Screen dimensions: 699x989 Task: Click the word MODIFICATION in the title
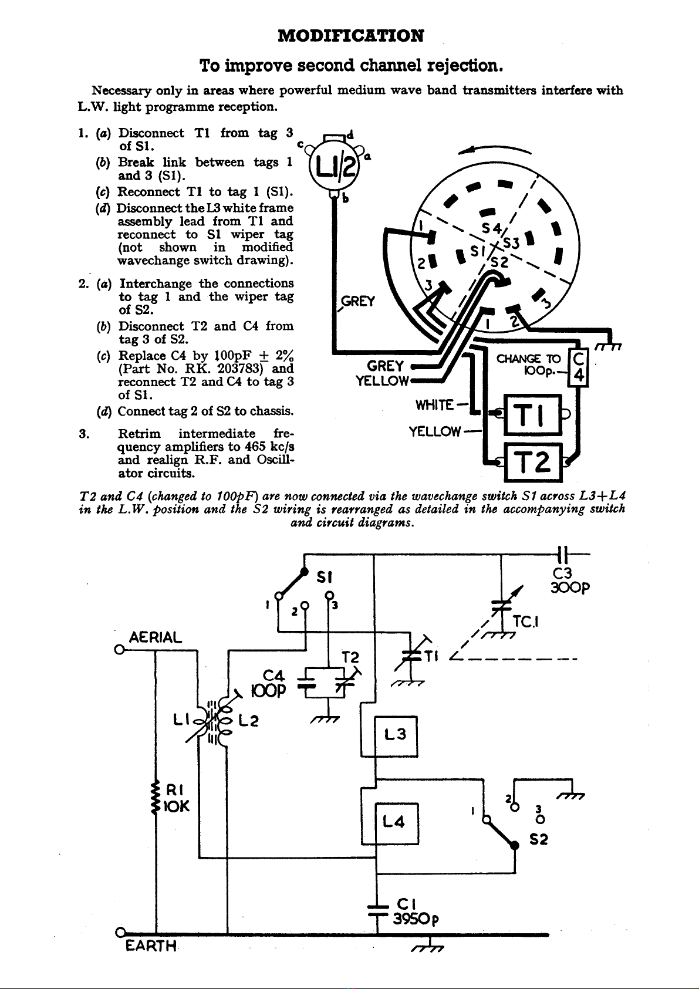[350, 36]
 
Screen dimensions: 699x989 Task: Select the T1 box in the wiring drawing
[533, 414]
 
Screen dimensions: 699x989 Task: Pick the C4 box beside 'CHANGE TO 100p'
[579, 368]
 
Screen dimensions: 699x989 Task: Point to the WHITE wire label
[434, 405]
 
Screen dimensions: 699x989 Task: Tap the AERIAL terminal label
[155, 637]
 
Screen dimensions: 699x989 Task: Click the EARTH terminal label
[151, 946]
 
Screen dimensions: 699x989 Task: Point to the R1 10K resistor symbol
[156, 798]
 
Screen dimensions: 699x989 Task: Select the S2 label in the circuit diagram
[539, 839]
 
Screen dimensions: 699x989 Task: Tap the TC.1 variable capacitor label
[525, 622]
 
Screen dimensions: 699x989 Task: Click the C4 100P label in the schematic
[268, 683]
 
